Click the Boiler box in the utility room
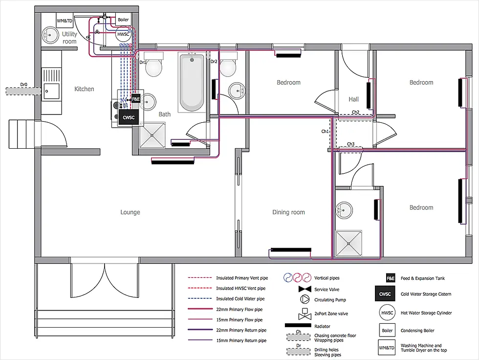click(x=123, y=20)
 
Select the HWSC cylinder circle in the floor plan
click(x=123, y=35)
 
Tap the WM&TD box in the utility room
click(x=64, y=21)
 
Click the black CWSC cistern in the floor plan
click(x=128, y=117)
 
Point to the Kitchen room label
click(x=84, y=89)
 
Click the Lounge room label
click(x=130, y=212)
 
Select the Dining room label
click(x=288, y=212)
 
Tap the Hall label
click(x=353, y=99)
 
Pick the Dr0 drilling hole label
click(x=23, y=85)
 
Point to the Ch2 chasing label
click(x=355, y=112)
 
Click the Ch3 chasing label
click(x=350, y=144)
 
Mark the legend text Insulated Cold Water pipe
click(x=240, y=298)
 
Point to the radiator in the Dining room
click(x=290, y=249)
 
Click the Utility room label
click(x=69, y=38)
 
